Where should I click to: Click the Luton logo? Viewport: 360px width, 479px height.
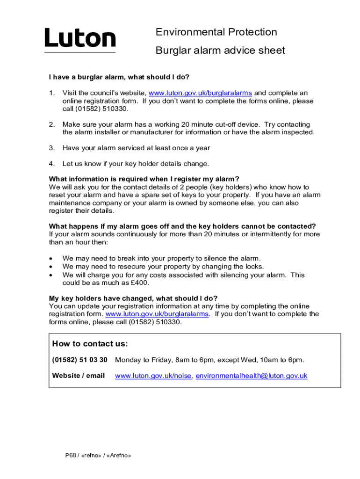[x=80, y=38]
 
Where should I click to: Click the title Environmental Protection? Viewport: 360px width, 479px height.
[x=216, y=32]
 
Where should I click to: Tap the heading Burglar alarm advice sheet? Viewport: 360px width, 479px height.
[x=220, y=51]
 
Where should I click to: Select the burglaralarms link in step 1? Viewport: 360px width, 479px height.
[x=200, y=93]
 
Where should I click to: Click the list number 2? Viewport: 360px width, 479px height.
[x=52, y=124]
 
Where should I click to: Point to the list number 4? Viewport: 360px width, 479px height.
[x=52, y=164]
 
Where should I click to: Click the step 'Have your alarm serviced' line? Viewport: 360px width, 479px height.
[x=136, y=148]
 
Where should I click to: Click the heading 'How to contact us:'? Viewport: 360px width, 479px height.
[x=90, y=344]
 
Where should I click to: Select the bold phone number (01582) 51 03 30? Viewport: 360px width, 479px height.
[x=79, y=360]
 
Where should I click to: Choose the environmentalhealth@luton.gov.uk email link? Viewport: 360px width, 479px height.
[x=251, y=376]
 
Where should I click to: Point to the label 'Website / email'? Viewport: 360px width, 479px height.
[x=78, y=376]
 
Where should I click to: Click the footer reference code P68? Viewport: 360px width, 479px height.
[x=70, y=456]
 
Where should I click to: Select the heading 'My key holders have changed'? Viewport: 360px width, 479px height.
[x=133, y=298]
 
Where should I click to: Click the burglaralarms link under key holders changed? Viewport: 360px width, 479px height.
[x=158, y=314]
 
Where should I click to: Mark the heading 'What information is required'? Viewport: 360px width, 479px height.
[x=144, y=179]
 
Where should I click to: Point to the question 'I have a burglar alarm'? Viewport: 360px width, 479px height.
[x=119, y=77]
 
